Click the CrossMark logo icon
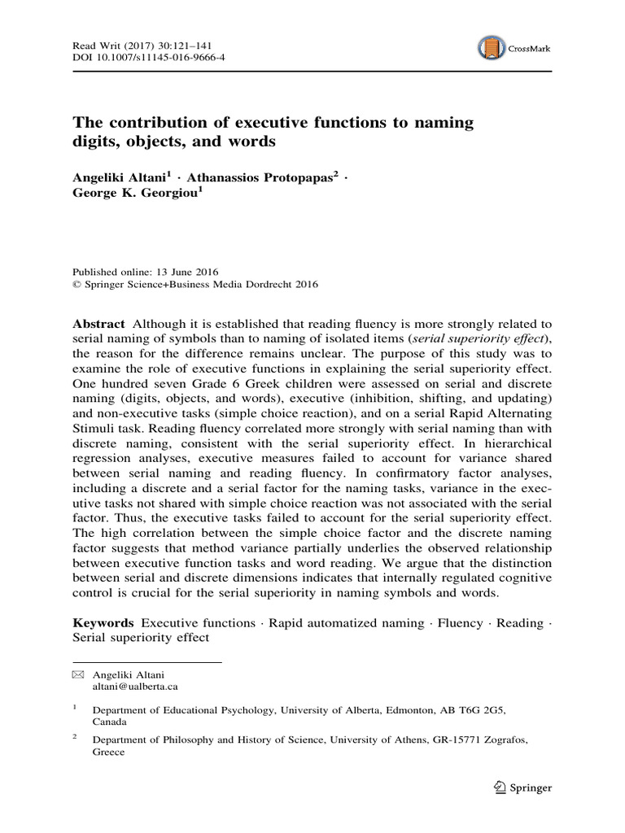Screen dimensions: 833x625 click(x=491, y=47)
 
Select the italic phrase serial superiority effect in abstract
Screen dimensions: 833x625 click(x=481, y=338)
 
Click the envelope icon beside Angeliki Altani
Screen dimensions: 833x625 click(x=78, y=674)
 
